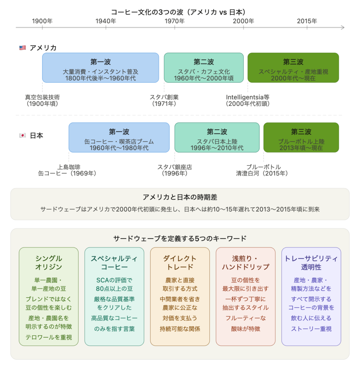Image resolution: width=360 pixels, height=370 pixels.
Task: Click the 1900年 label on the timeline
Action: click(x=42, y=21)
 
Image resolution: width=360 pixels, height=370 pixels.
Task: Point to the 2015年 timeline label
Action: click(x=307, y=21)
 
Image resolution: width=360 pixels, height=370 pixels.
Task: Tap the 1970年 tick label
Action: click(x=174, y=21)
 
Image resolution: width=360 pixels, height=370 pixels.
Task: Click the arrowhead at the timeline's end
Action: click(x=343, y=27)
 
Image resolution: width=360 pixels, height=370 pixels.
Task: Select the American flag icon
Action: click(x=23, y=48)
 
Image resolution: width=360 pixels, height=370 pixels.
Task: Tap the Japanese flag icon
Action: click(x=23, y=135)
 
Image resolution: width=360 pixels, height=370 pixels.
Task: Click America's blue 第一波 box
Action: click(x=100, y=68)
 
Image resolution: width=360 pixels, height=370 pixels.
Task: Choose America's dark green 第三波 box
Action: click(x=293, y=68)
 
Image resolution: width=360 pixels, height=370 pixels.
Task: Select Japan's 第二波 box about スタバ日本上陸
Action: click(x=217, y=137)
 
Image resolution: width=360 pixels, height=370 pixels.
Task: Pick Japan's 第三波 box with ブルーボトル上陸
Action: click(x=301, y=137)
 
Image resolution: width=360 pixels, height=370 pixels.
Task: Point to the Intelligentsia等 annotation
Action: click(x=247, y=100)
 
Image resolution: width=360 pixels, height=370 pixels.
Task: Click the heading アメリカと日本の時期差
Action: click(x=180, y=197)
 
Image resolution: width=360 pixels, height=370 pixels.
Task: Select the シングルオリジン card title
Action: click(x=48, y=263)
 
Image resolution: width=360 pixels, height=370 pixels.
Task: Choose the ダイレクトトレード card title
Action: click(x=180, y=263)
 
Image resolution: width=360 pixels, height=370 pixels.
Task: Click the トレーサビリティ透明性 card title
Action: click(x=311, y=263)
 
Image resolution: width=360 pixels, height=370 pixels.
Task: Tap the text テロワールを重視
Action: click(x=48, y=337)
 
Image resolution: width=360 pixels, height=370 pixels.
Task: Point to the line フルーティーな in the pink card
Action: click(x=245, y=318)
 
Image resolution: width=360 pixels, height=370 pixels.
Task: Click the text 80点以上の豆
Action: click(x=114, y=289)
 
